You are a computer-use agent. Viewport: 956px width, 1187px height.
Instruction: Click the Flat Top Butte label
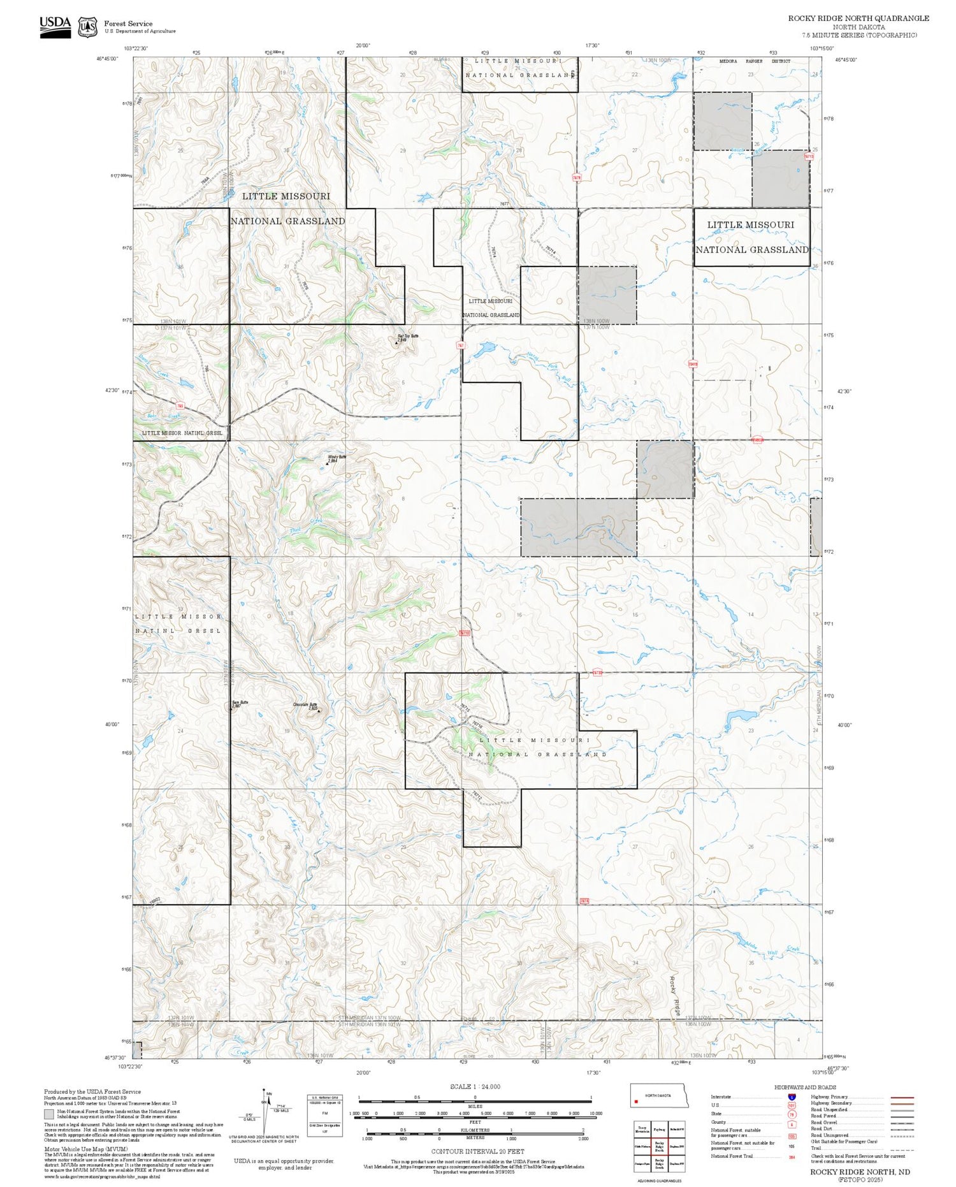pyautogui.click(x=407, y=336)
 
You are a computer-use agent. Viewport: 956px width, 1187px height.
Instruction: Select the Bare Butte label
pyautogui.click(x=240, y=703)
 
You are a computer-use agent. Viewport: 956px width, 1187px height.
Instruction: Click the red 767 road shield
pyautogui.click(x=460, y=345)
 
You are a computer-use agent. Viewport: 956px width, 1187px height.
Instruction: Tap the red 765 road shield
pyautogui.click(x=180, y=405)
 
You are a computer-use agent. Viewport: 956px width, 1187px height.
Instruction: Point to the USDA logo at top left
pyautogui.click(x=55, y=27)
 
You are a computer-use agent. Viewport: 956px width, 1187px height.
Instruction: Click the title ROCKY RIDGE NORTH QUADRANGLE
pyautogui.click(x=858, y=18)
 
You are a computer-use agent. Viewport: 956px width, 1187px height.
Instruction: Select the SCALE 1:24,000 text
pyautogui.click(x=475, y=1087)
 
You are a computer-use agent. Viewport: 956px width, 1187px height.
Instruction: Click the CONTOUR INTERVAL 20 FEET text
pyautogui.click(x=477, y=1152)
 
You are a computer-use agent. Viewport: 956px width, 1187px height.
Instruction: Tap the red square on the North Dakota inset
pyautogui.click(x=636, y=1101)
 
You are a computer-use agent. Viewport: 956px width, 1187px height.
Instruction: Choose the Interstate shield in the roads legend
pyautogui.click(x=791, y=1097)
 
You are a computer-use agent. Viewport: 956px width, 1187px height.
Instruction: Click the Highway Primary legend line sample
pyautogui.click(x=899, y=1098)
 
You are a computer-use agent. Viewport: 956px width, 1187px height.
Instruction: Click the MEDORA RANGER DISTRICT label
pyautogui.click(x=755, y=61)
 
